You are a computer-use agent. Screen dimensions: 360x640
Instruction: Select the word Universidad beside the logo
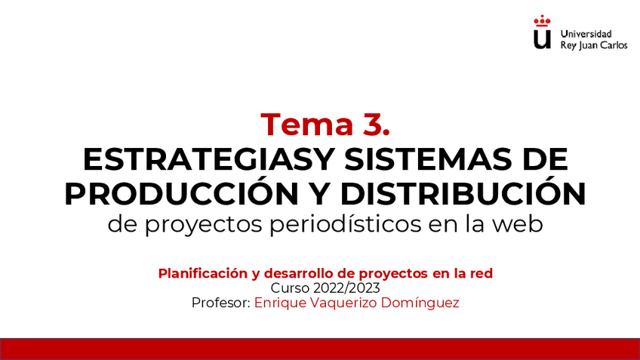coord(586,34)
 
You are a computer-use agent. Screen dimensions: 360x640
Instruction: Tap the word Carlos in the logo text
coord(611,45)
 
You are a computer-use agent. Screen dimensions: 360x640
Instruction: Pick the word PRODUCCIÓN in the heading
coord(181,194)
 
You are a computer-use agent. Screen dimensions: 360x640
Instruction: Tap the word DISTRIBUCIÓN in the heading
coord(463,194)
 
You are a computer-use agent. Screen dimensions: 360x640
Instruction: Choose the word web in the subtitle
coord(518,225)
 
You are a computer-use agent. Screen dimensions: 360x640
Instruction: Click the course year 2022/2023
coord(346,288)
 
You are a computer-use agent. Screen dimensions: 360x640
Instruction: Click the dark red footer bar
coord(320,349)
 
